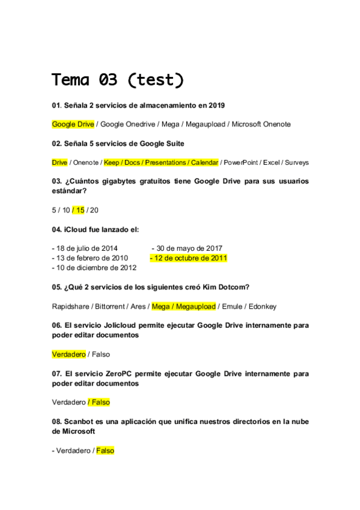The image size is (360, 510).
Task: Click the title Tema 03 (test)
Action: tap(118, 80)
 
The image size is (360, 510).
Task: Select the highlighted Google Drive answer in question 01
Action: tap(73, 124)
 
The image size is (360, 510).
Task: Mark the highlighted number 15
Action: tap(80, 210)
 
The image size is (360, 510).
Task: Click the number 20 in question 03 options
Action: tap(94, 210)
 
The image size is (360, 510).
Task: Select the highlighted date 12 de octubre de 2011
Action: tap(189, 258)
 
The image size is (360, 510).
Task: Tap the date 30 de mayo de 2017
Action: tap(187, 248)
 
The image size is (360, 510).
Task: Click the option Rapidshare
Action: tap(70, 306)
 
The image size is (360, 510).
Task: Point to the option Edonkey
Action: tap(263, 306)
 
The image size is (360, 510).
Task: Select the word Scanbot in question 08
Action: tap(81, 422)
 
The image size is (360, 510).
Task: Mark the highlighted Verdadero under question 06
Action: tap(69, 354)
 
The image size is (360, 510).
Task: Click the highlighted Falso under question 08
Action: tap(105, 450)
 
